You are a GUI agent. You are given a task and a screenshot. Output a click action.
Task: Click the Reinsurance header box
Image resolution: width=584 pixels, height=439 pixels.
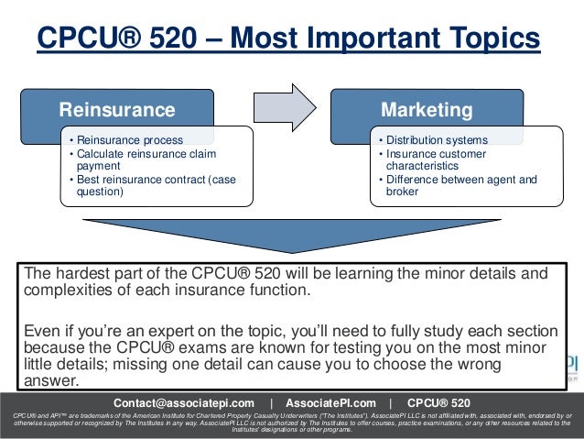point(117,110)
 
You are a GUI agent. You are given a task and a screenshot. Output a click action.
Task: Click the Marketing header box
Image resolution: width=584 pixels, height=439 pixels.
point(427,110)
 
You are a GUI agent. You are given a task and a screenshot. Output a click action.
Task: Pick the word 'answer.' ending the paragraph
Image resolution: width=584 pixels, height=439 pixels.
point(52,382)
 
